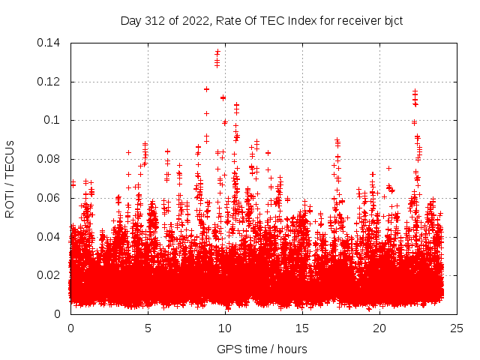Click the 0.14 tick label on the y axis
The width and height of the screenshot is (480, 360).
click(52, 43)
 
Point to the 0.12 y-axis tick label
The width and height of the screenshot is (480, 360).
click(52, 82)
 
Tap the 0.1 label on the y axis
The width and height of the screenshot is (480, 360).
click(55, 120)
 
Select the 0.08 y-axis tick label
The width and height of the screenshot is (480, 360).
click(52, 159)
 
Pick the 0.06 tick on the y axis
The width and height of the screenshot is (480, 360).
click(52, 198)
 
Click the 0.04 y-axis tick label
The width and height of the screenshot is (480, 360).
click(52, 237)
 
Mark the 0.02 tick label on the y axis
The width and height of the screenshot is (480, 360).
click(52, 275)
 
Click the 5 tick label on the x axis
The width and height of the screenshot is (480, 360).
click(148, 328)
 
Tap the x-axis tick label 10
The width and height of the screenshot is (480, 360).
click(225, 328)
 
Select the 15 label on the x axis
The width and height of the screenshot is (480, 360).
click(302, 328)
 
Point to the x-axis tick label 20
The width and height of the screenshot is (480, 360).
click(380, 328)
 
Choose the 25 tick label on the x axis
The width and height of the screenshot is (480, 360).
click(457, 328)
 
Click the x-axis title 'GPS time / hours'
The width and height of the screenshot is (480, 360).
click(262, 349)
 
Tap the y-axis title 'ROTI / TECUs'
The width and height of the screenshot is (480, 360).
click(10, 178)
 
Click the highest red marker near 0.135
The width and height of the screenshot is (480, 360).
click(217, 52)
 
